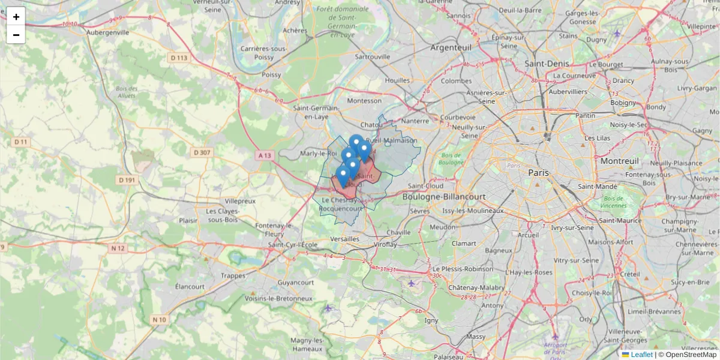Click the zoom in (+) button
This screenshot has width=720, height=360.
pos(16,17)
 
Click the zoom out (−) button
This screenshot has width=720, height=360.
pos(16,35)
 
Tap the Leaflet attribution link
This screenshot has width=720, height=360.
pos(641,355)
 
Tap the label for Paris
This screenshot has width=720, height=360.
pos(538,172)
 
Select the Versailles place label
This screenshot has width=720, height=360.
pos(345,239)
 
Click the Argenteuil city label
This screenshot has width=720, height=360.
pos(451,47)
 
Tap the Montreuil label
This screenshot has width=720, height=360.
pos(620,161)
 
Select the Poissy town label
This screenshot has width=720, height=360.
pos(271,74)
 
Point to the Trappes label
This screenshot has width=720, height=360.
pos(233,275)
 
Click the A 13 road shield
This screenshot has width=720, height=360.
pos(265,155)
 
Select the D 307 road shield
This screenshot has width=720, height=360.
pos(202,152)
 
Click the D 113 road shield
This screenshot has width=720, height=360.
pos(179,58)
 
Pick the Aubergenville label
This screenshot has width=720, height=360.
pos(107,32)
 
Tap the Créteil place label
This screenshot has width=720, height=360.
pos(628,274)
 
